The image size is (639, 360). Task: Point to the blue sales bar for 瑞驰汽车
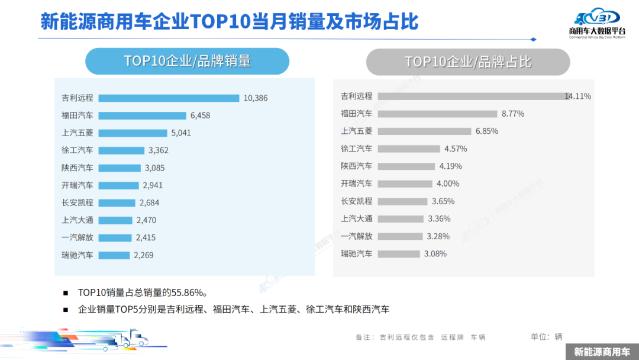tap(113, 255)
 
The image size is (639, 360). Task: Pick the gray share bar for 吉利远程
tap(473, 96)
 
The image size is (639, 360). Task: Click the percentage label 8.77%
tap(512, 114)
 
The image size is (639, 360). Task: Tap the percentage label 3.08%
tap(435, 254)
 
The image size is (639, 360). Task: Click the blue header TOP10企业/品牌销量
tap(187, 61)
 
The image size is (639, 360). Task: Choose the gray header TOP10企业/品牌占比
tap(467, 62)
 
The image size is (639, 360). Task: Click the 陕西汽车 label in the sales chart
tap(77, 168)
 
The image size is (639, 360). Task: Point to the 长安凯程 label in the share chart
tap(356, 201)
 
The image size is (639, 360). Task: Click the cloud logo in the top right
tap(598, 18)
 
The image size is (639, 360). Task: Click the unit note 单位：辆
tap(546, 337)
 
